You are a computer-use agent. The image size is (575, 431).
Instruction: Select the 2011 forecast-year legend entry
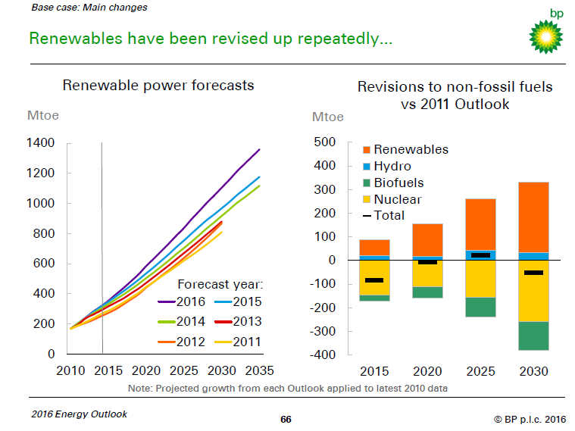[239, 342]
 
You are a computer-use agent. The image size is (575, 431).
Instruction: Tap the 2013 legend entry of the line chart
[239, 322]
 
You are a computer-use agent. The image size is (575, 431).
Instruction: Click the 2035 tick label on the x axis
[259, 371]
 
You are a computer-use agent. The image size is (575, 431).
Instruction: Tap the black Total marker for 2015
[374, 280]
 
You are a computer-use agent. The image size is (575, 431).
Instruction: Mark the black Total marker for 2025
[481, 255]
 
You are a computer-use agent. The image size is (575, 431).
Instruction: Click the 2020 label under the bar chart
[428, 371]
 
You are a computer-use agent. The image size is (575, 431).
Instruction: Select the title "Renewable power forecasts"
[158, 86]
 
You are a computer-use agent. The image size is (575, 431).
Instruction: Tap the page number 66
[286, 418]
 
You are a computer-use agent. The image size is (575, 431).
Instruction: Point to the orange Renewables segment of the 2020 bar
[428, 240]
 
